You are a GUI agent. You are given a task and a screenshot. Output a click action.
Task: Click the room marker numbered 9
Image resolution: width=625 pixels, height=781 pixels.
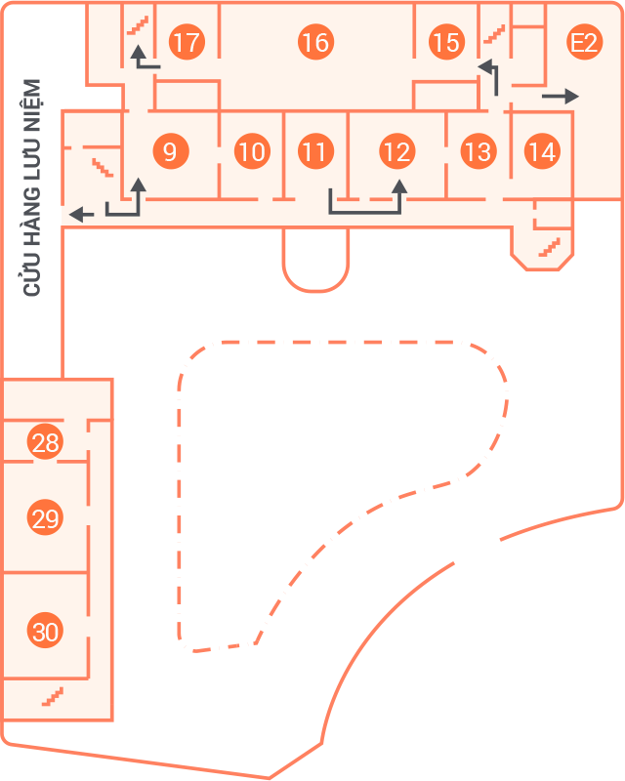coord(171,151)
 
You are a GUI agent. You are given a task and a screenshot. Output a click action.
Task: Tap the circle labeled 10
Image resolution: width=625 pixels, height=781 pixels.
coord(252,151)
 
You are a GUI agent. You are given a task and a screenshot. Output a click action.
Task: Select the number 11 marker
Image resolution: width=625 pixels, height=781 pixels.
coord(316,151)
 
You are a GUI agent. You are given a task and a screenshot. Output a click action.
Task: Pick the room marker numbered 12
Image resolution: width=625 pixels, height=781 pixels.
coord(397,151)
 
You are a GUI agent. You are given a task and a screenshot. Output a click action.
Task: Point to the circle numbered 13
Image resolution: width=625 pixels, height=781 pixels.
coord(479,151)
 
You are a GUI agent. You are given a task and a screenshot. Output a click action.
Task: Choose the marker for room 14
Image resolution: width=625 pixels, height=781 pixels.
coord(542,151)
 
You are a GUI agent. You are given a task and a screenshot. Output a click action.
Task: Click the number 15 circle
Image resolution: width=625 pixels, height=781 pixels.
coord(446,42)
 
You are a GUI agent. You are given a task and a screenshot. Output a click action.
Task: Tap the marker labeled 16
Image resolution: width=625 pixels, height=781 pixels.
coord(316,42)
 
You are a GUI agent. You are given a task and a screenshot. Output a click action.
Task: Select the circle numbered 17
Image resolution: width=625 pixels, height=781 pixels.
coord(187,42)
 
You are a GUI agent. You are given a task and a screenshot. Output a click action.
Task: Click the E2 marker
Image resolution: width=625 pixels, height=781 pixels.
coord(585,42)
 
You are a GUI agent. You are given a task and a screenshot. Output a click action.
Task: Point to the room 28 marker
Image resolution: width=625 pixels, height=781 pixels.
coord(45,442)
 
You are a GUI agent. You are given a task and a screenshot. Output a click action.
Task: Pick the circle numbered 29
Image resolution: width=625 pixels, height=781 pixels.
coord(45,517)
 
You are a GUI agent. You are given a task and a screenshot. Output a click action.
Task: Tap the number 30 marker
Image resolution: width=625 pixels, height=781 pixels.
coord(45,630)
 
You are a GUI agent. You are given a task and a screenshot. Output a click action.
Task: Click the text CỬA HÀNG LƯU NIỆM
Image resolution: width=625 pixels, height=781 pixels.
coord(32,187)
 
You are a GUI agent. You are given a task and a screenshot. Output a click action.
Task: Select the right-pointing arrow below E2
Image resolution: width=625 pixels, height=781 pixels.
coord(561,96)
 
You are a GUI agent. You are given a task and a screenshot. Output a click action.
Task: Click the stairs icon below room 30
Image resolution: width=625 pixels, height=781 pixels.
coord(53,696)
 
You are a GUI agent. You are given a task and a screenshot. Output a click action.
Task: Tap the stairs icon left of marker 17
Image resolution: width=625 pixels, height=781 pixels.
coord(138,25)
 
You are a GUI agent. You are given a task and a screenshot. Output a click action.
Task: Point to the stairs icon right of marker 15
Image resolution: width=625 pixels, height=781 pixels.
coord(494,34)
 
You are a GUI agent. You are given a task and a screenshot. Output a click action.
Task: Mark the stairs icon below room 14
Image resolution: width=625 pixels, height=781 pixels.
coord(549,248)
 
